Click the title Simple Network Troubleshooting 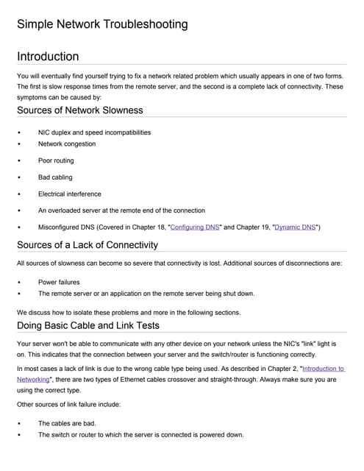click(x=102, y=24)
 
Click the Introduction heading click(x=48, y=57)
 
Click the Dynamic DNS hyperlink click(x=295, y=227)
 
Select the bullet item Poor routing click(x=56, y=160)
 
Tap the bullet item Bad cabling click(x=55, y=177)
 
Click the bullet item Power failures click(x=59, y=282)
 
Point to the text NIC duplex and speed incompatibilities click(x=94, y=132)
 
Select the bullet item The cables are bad click(x=67, y=423)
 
